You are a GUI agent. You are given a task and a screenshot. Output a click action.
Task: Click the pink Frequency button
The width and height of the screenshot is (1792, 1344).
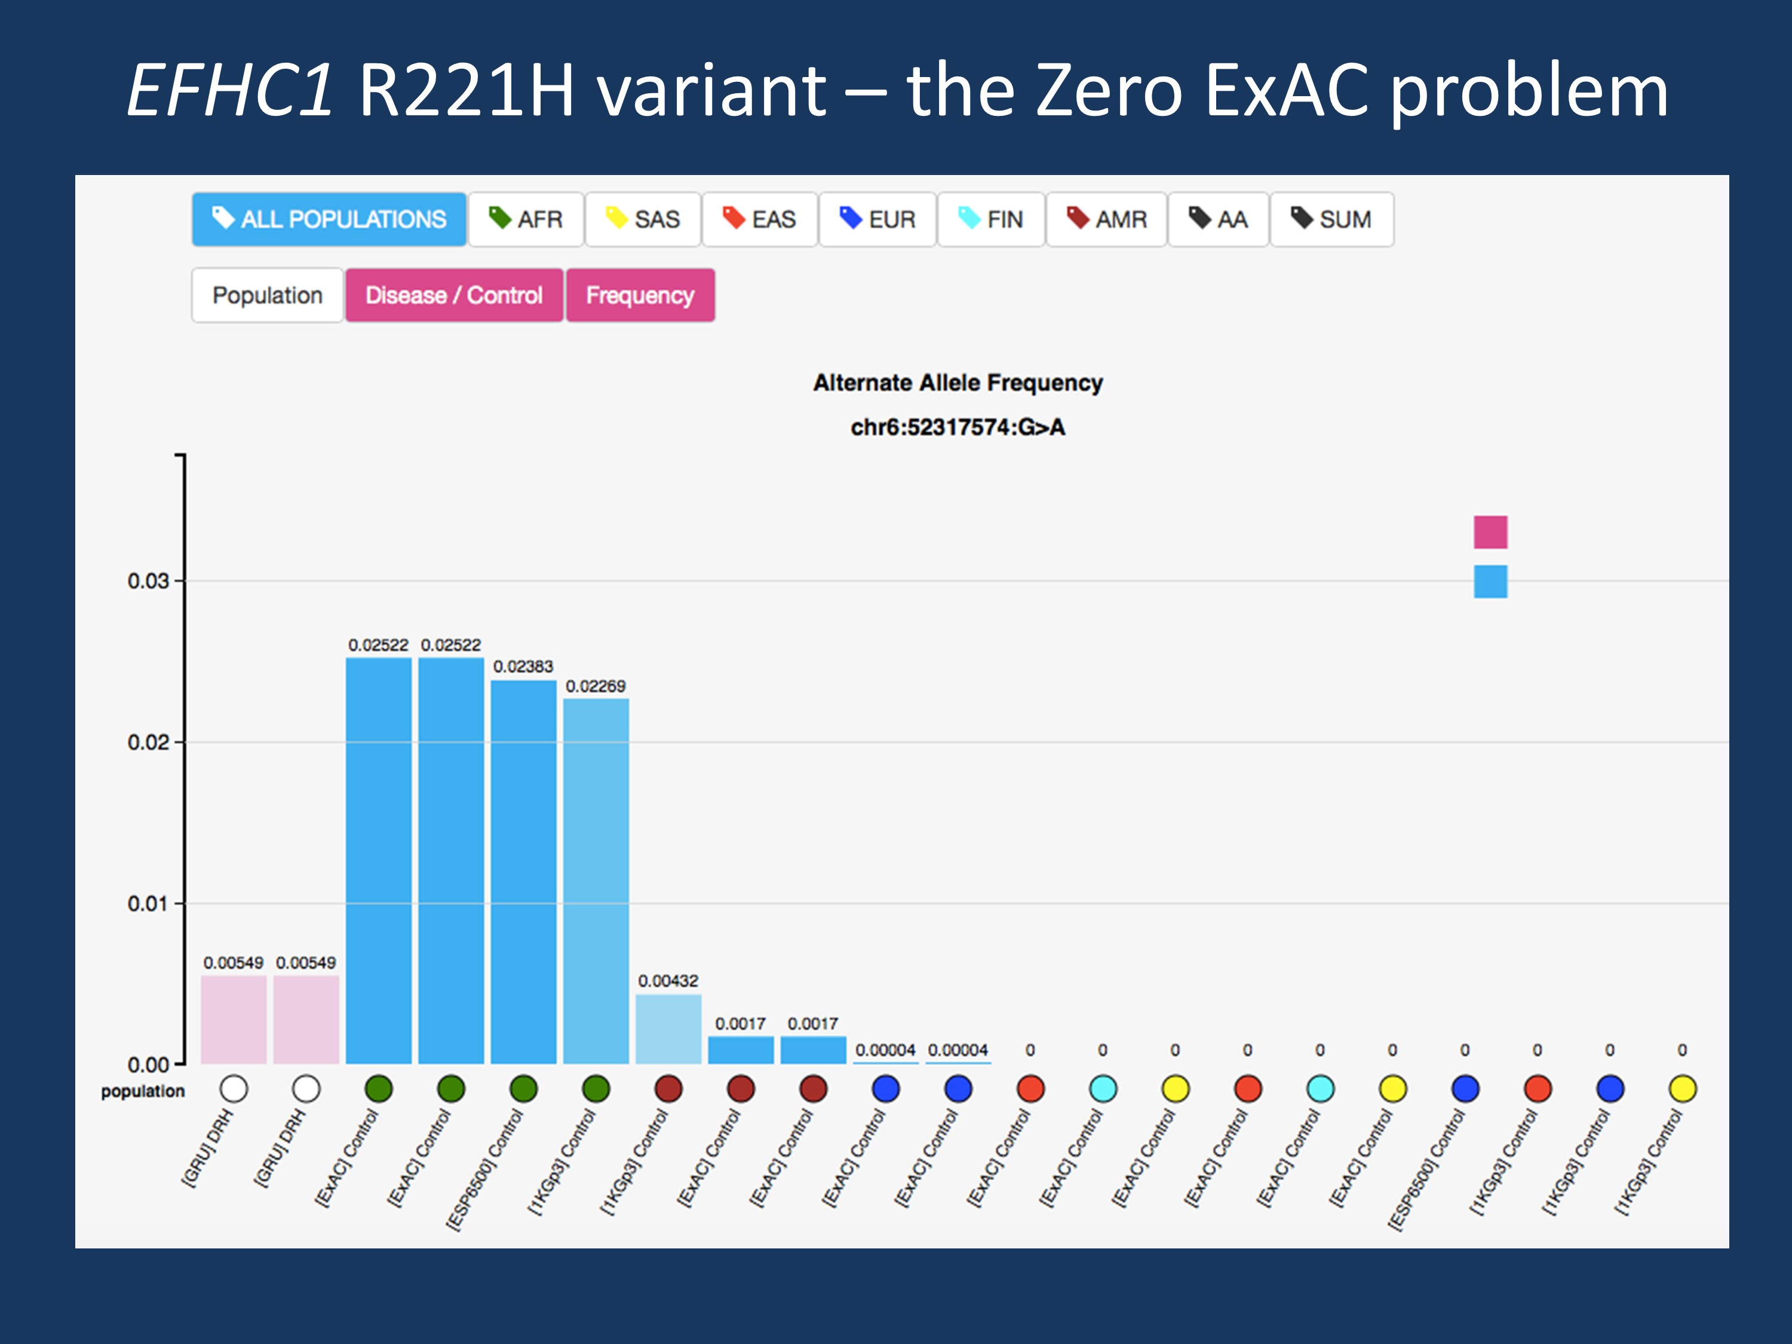[x=640, y=295]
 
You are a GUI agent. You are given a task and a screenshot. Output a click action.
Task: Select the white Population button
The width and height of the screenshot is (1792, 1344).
[x=268, y=295]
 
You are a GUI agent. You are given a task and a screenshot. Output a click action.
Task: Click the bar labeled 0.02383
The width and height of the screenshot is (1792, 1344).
[x=523, y=871]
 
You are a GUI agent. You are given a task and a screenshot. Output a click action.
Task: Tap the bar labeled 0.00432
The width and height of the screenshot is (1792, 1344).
[x=668, y=1029]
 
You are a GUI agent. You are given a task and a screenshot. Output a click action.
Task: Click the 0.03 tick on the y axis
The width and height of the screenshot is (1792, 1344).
[x=148, y=581]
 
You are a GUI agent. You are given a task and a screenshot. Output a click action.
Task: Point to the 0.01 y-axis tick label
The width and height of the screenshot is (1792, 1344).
[x=148, y=903]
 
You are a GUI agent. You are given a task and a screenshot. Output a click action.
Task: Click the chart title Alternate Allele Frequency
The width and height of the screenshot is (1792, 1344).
[x=958, y=382]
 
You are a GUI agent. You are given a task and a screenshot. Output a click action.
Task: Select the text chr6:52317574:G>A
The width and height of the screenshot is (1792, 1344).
[x=958, y=427]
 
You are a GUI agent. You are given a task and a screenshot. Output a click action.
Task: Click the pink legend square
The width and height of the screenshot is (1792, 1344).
[x=1490, y=532]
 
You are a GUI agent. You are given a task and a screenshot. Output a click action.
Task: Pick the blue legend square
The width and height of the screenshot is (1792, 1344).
[x=1490, y=582]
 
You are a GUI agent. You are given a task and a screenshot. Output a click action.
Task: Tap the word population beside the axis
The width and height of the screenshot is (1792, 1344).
[x=143, y=1091]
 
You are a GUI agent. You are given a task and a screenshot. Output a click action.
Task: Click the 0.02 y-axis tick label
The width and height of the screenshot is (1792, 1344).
[x=148, y=742]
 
